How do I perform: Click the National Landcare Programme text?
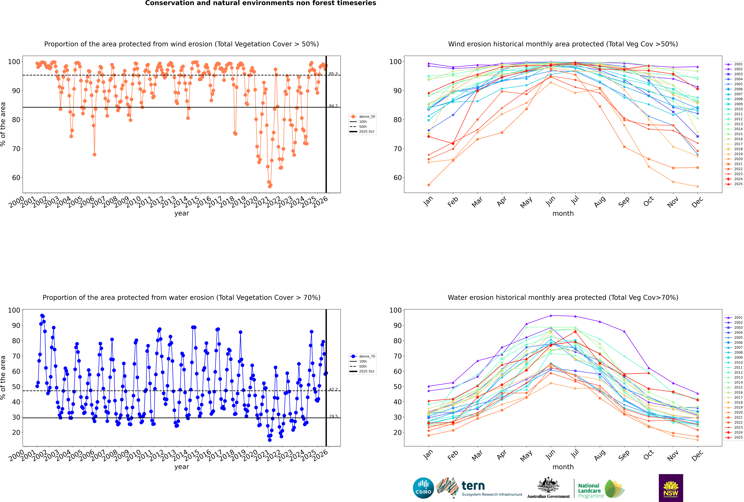coord(589,490)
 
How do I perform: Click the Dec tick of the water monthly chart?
coord(697,455)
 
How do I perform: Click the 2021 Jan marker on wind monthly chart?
coord(429,185)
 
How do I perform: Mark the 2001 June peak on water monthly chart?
coord(551,316)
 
